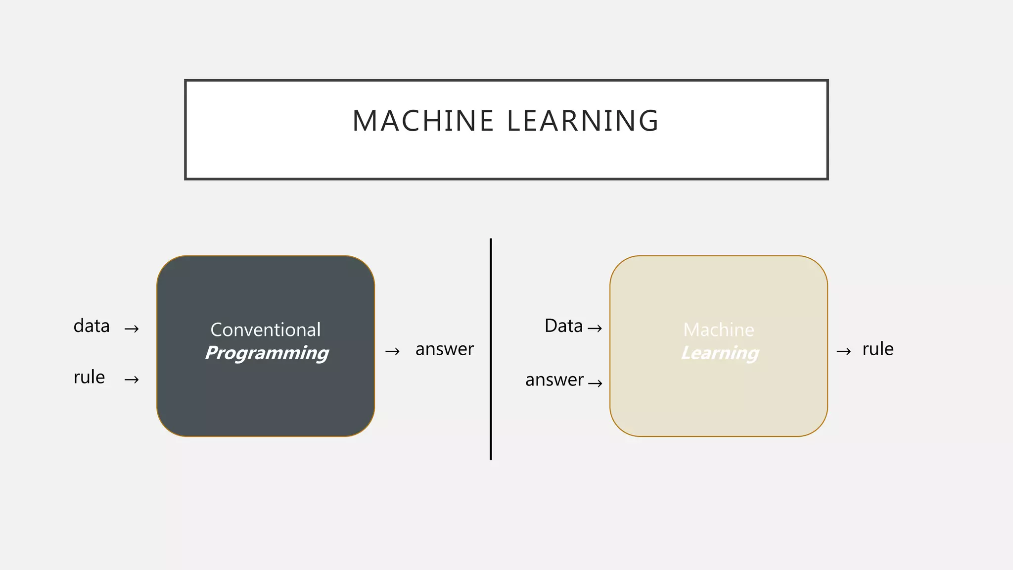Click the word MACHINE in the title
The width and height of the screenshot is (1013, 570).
[423, 121]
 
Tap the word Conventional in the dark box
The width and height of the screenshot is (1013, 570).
[266, 330]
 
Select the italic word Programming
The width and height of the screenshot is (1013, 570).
[267, 353]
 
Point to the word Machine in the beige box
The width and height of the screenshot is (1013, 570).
[719, 330]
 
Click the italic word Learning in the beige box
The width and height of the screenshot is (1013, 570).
[720, 353]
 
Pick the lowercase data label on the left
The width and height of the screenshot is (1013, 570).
[92, 327]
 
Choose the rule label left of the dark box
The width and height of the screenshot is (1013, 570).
[89, 378]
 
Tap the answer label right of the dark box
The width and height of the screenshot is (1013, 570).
[444, 349]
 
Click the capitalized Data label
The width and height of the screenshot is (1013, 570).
[563, 327]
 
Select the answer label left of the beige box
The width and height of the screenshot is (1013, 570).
[554, 380]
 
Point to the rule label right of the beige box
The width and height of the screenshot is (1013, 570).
[877, 349]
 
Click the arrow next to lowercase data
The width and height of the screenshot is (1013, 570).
[132, 329]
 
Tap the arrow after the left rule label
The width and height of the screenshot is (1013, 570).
[132, 380]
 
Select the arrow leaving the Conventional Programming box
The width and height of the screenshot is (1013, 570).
[392, 352]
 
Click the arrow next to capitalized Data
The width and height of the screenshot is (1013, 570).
[595, 329]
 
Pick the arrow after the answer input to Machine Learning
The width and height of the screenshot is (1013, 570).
[595, 383]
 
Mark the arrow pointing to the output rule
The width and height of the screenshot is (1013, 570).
[843, 352]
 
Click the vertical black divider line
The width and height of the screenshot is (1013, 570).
[491, 349]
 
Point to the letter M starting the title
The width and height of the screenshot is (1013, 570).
[364, 121]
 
